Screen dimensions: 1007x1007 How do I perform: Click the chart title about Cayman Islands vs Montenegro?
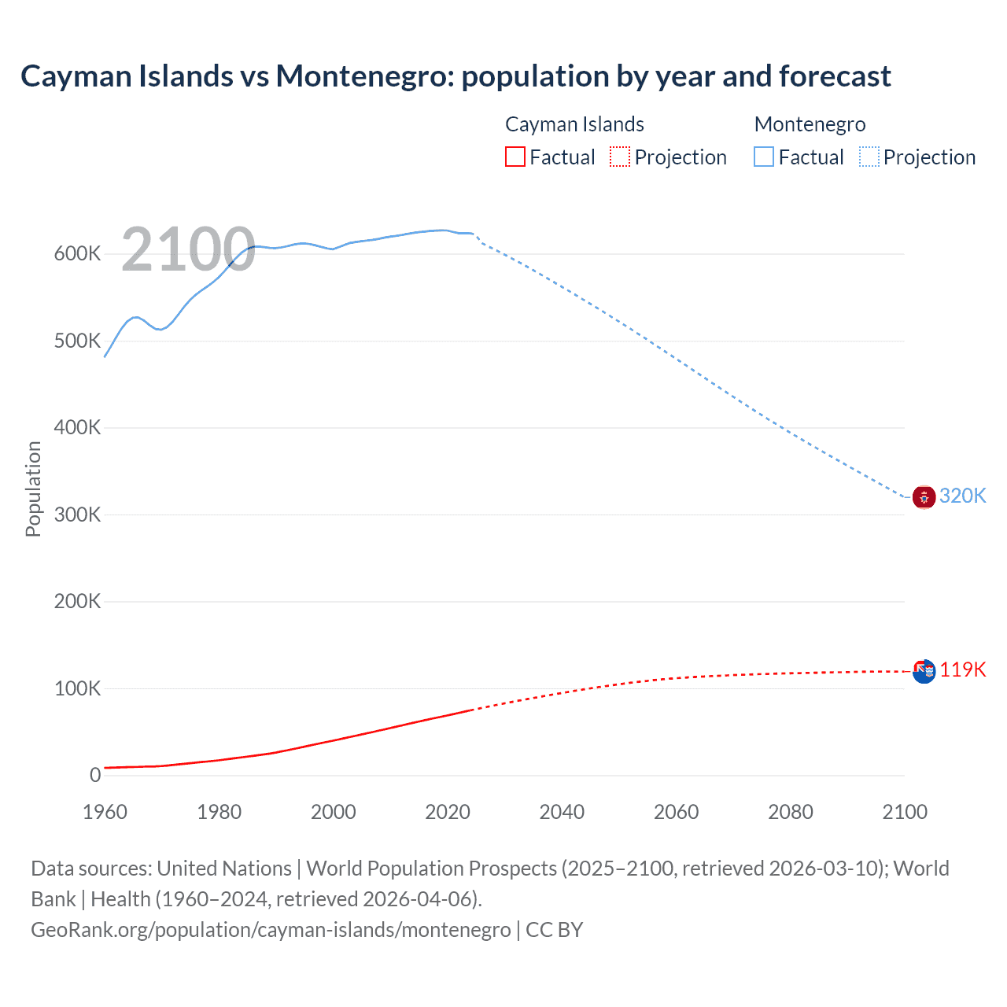click(x=456, y=76)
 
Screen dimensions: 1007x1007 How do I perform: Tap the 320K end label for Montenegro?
click(x=962, y=496)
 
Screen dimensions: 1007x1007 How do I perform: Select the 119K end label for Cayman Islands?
click(x=962, y=669)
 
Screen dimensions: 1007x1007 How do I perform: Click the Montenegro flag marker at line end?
click(x=924, y=497)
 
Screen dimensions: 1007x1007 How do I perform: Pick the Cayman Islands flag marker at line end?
click(x=924, y=671)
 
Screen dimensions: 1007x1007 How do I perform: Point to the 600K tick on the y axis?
click(x=77, y=254)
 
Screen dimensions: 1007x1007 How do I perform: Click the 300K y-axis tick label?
click(x=77, y=515)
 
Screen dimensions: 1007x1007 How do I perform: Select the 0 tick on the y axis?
click(x=95, y=776)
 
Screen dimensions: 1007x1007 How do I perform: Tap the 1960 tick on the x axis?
click(x=105, y=812)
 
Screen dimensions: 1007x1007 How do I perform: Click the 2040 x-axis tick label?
click(x=562, y=812)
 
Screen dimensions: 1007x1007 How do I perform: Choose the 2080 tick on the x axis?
click(x=790, y=812)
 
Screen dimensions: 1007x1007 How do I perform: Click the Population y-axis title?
click(x=33, y=489)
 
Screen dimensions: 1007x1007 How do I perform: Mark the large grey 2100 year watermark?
click(x=188, y=250)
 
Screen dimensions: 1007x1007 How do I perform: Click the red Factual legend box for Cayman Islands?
click(x=515, y=157)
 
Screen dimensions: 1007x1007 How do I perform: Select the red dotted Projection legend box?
click(x=620, y=157)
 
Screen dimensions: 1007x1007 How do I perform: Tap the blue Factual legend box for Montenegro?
click(x=763, y=157)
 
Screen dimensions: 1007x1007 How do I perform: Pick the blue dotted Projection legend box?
click(x=869, y=157)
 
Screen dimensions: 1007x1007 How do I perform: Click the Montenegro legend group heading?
click(x=810, y=124)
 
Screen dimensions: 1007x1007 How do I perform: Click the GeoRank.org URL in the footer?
click(x=271, y=930)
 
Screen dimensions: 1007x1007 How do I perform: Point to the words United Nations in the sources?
click(x=224, y=869)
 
